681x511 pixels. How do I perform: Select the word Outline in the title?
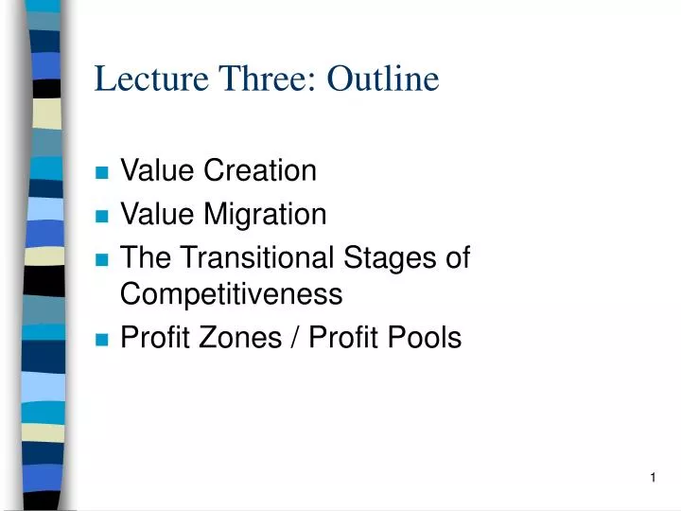pos(383,79)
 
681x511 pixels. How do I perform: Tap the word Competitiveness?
pos(231,295)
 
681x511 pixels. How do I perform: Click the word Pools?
pos(425,338)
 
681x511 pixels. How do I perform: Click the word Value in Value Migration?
pos(155,215)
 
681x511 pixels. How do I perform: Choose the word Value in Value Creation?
pos(155,171)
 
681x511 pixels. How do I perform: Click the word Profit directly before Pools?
pos(343,338)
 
